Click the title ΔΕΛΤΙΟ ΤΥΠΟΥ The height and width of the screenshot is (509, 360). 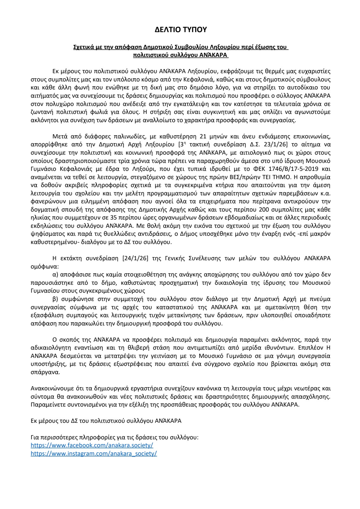[180, 30]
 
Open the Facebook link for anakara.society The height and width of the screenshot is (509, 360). [92, 445]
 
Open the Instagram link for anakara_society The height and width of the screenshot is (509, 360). [94, 453]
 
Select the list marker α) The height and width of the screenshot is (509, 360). [55, 274]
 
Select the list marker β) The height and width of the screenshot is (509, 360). [55, 299]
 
